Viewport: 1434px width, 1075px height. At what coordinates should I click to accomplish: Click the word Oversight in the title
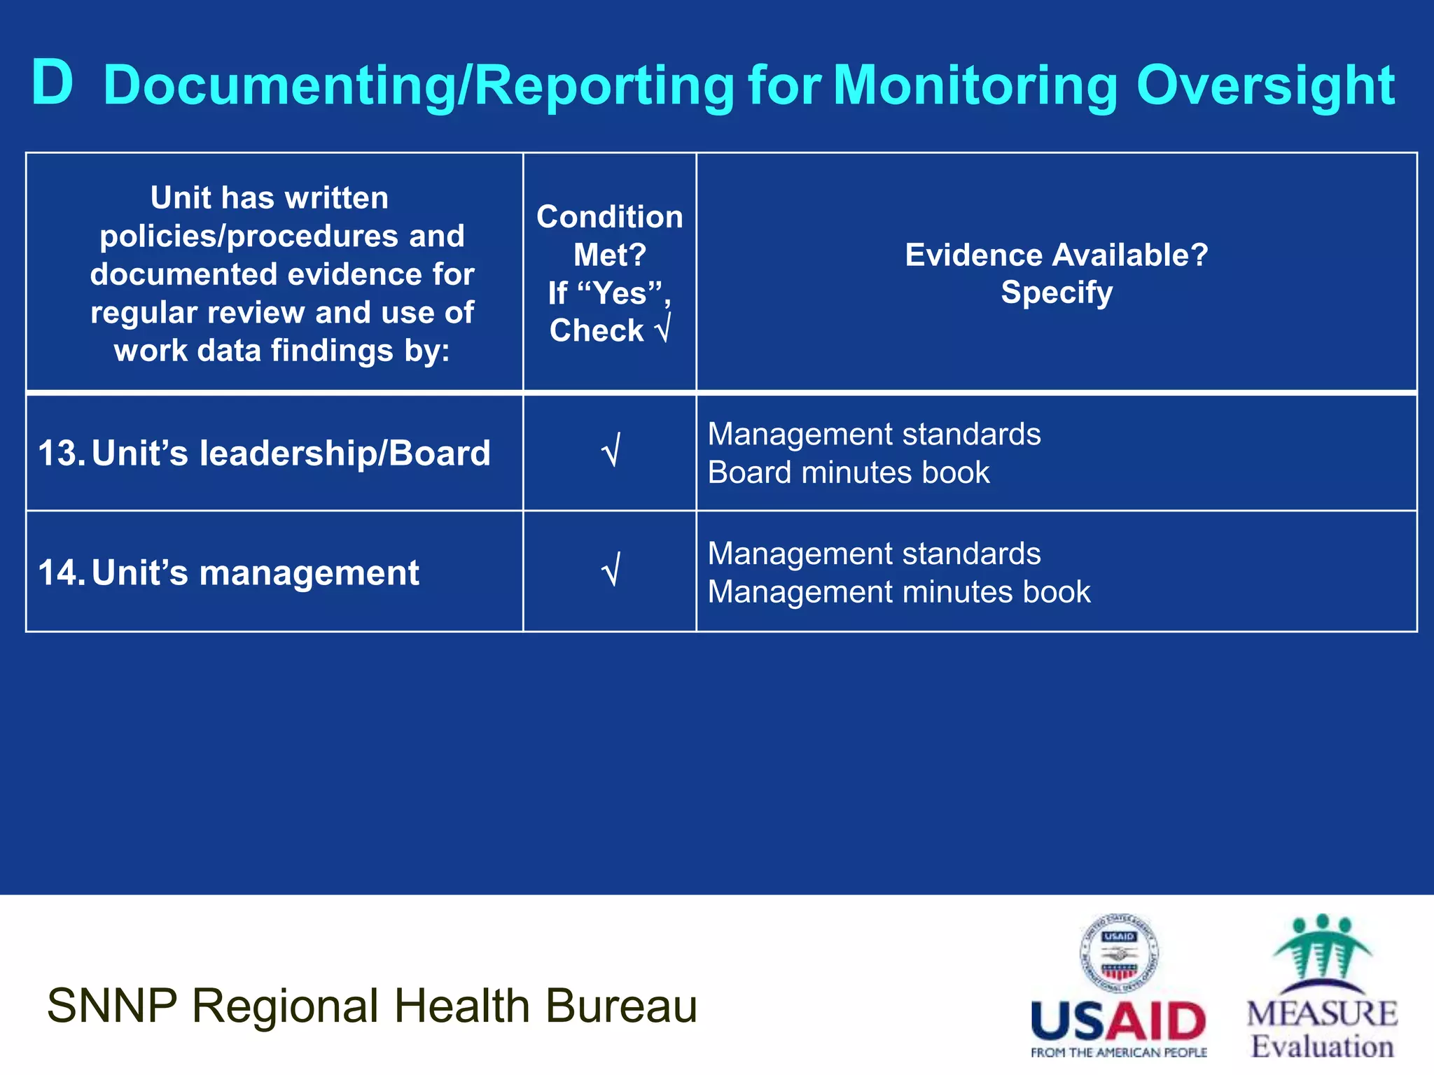point(1265,85)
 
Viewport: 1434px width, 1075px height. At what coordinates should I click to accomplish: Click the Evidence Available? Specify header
point(1056,273)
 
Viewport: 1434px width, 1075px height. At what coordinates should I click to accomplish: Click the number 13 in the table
point(60,453)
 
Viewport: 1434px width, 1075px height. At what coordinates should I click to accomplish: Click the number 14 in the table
point(60,572)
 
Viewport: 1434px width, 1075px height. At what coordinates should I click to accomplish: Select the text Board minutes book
point(849,472)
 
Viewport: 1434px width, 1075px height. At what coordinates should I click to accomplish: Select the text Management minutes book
point(899,592)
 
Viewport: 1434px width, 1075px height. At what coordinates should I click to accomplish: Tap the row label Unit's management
point(255,572)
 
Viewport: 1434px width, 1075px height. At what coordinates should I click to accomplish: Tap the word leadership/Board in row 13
point(344,453)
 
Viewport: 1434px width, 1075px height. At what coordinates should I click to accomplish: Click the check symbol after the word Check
point(662,329)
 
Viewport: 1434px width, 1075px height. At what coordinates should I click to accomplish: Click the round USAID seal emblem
point(1119,953)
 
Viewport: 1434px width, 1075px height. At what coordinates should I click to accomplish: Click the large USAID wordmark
point(1119,1022)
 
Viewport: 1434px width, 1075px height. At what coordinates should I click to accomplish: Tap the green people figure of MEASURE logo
point(1321,948)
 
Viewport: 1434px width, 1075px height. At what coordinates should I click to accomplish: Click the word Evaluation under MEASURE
point(1322,1047)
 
